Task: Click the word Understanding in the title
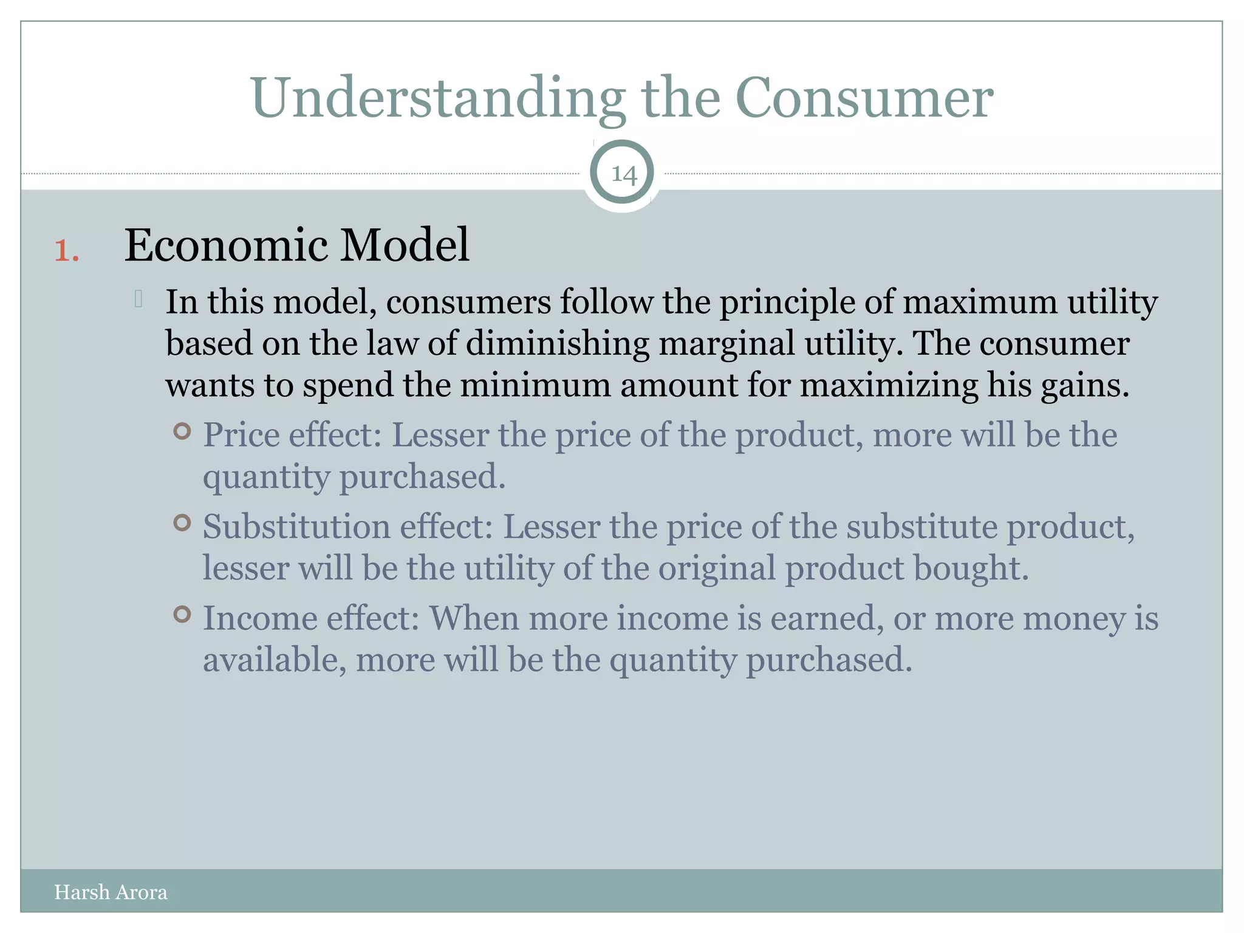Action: pyautogui.click(x=437, y=98)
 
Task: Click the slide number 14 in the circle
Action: pyautogui.click(x=623, y=174)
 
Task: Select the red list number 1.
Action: pyautogui.click(x=66, y=251)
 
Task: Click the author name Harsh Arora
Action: pyautogui.click(x=111, y=892)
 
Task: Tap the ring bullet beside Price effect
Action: pyautogui.click(x=182, y=431)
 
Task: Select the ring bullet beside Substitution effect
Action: pyautogui.click(x=182, y=522)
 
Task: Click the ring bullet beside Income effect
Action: pyautogui.click(x=182, y=614)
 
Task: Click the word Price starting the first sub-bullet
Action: pyautogui.click(x=241, y=435)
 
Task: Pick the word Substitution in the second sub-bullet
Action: pyautogui.click(x=296, y=526)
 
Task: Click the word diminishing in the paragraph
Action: pyautogui.click(x=558, y=344)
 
